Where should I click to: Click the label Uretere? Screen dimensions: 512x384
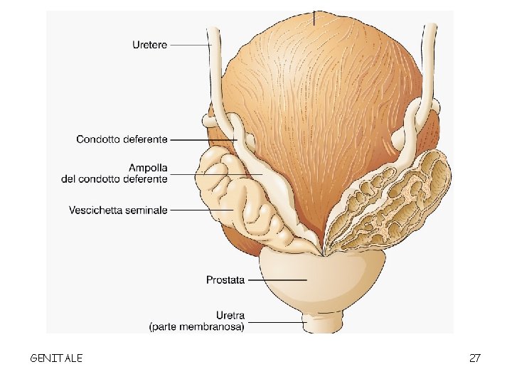point(149,45)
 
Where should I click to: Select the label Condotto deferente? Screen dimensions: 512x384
point(122,139)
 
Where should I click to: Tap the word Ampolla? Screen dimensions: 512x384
point(147,169)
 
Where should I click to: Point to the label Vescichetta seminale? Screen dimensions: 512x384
point(118,210)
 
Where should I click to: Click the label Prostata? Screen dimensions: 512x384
point(225,280)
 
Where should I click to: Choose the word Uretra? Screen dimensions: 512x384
point(230,316)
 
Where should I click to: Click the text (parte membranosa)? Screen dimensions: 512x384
point(197,327)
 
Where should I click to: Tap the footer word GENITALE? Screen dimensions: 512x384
point(56,358)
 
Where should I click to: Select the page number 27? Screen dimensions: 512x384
point(475,358)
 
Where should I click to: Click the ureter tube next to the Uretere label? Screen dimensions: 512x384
point(213,71)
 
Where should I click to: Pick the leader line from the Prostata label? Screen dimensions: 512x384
point(277,280)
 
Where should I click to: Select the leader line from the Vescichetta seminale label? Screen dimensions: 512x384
point(203,210)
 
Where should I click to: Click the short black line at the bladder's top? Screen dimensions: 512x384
point(314,17)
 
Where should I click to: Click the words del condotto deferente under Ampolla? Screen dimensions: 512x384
point(114,179)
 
